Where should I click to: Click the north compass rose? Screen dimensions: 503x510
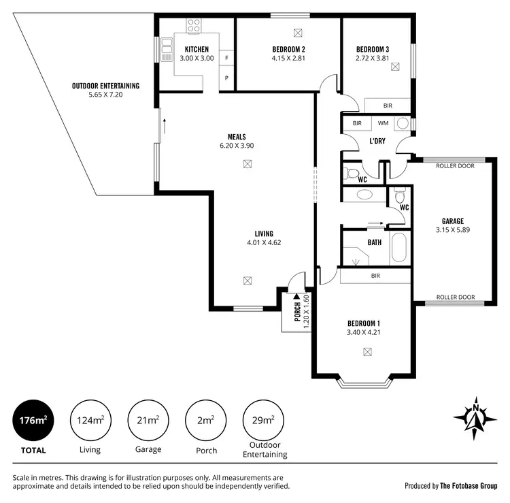[x=476, y=415]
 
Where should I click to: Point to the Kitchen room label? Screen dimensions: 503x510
[x=197, y=50]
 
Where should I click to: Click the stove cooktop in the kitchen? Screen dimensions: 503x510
[x=194, y=27]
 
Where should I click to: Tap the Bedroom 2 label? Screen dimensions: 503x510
[x=288, y=50]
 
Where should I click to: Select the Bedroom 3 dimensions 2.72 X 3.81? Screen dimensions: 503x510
[x=373, y=59]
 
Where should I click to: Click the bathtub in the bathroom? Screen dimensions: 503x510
[x=398, y=248]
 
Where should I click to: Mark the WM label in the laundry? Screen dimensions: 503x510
[x=383, y=124]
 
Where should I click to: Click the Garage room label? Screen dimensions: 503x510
[x=452, y=221]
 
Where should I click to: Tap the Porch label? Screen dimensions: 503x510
[x=297, y=312]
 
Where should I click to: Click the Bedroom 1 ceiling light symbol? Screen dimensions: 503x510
[x=368, y=352]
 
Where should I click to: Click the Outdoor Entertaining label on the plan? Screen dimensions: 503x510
[x=105, y=86]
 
